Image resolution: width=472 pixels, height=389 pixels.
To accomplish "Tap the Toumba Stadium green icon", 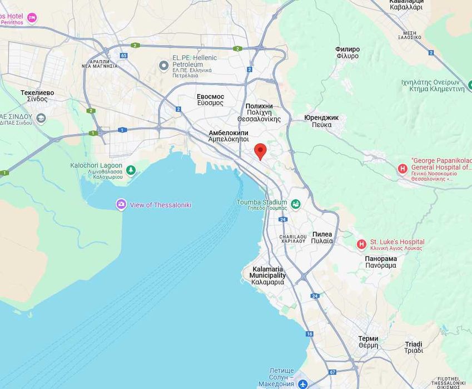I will pyautogui.click(x=295, y=204).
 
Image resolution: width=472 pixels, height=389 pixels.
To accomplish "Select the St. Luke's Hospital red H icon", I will pyautogui.click(x=361, y=244).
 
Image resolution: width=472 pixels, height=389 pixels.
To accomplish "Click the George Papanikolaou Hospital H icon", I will pyautogui.click(x=403, y=169).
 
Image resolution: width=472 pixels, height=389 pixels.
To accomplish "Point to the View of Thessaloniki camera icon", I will pyautogui.click(x=121, y=205).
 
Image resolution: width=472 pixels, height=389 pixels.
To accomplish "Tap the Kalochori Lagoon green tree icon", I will pyautogui.click(x=131, y=170).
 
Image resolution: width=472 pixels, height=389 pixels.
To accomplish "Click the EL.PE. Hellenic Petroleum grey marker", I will pyautogui.click(x=163, y=66).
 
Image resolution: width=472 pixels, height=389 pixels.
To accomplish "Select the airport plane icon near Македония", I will pyautogui.click(x=302, y=384).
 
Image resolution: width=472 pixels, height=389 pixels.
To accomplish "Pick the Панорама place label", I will pyautogui.click(x=381, y=259).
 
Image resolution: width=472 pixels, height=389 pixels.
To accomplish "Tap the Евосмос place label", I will pyautogui.click(x=210, y=96).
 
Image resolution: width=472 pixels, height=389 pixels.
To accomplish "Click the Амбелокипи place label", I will pyautogui.click(x=228, y=133).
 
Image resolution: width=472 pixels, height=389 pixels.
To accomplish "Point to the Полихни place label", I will pyautogui.click(x=259, y=106).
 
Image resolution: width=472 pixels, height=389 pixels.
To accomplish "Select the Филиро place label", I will pyautogui.click(x=347, y=50).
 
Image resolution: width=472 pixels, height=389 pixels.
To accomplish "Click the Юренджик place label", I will pyautogui.click(x=321, y=117).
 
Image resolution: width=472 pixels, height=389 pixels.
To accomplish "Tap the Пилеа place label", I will pyautogui.click(x=322, y=234).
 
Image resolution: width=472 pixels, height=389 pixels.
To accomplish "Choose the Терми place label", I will pyautogui.click(x=368, y=338).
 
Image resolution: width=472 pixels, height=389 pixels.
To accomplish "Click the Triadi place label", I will pyautogui.click(x=413, y=344).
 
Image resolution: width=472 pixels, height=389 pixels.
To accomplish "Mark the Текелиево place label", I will pyautogui.click(x=37, y=92).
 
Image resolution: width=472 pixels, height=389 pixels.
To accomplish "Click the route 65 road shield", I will pyautogui.click(x=123, y=56).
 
